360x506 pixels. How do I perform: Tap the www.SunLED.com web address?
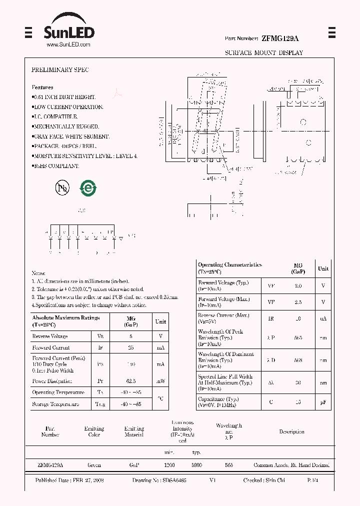68,44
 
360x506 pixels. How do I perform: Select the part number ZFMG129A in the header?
280,38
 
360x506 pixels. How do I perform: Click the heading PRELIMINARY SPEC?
60,70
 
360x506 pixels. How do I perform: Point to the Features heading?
42,87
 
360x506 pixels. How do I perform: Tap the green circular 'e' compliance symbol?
88,188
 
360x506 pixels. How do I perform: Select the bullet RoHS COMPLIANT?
56,165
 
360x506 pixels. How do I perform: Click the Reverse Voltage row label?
49,336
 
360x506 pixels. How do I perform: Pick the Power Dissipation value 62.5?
131,380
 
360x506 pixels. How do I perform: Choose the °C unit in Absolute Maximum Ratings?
160,398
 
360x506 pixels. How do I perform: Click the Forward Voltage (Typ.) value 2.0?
298,286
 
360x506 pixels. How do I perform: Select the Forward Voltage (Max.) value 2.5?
298,302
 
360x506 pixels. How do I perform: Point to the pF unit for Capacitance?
323,402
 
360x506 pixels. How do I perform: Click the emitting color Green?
94,465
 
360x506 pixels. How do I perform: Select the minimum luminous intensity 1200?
169,465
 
